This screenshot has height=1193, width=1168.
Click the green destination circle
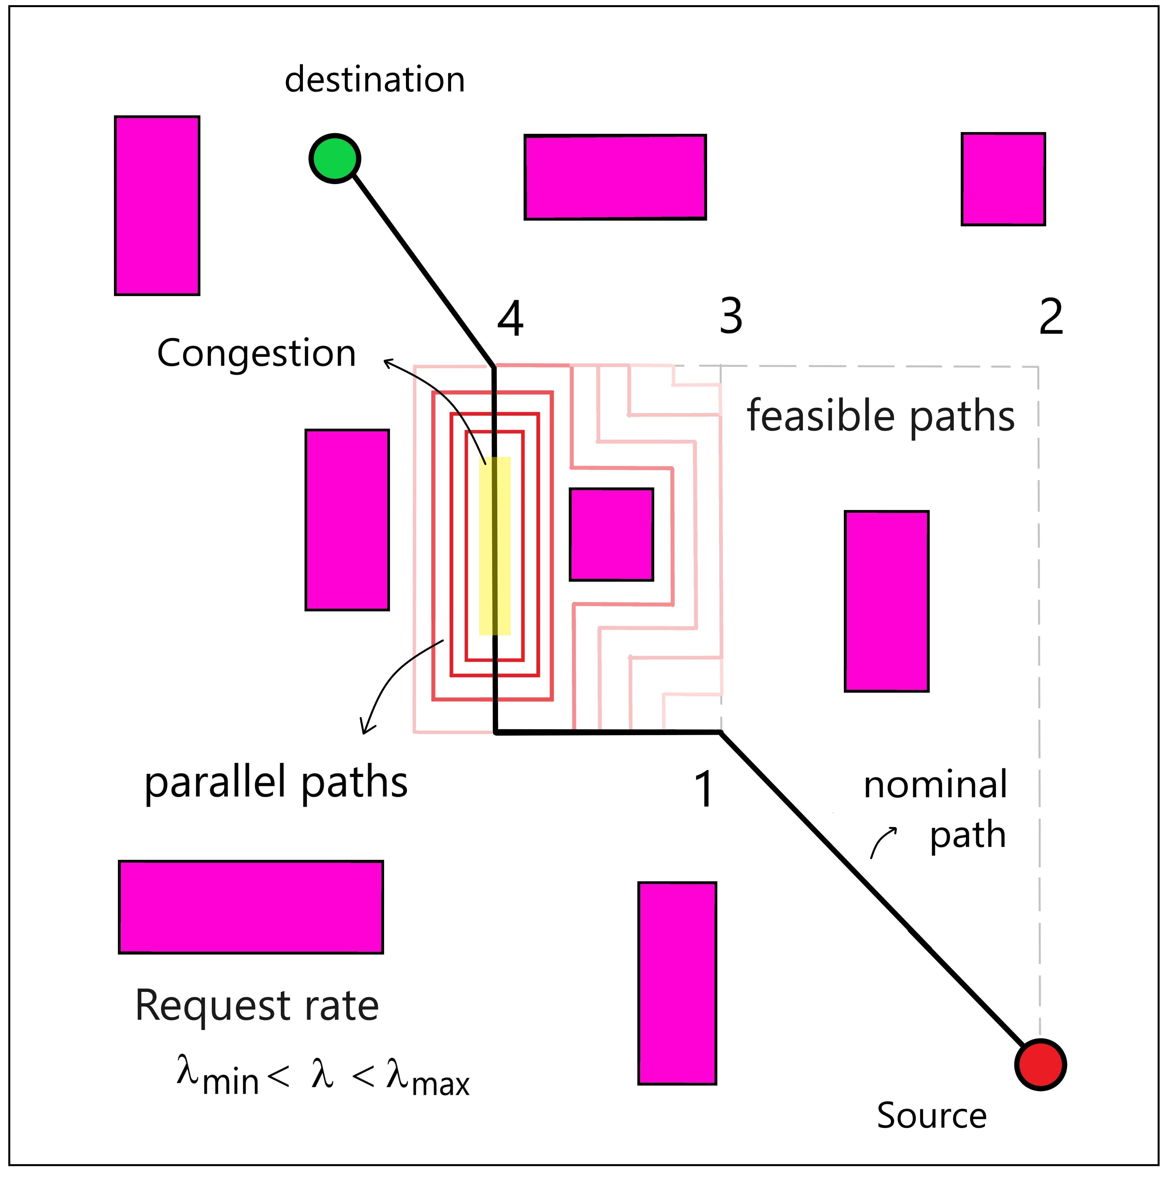pyautogui.click(x=334, y=158)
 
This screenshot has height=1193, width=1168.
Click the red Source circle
pyautogui.click(x=1040, y=1065)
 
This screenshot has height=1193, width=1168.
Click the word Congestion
pyautogui.click(x=256, y=353)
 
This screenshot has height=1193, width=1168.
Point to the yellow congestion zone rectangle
pyautogui.click(x=494, y=546)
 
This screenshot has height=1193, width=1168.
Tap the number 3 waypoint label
pyautogui.click(x=731, y=317)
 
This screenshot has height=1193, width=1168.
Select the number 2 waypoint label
pyautogui.click(x=1051, y=317)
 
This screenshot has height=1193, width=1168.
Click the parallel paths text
pyautogui.click(x=276, y=783)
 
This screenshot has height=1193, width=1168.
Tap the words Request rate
pyautogui.click(x=257, y=1006)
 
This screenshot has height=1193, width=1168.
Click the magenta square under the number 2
pyautogui.click(x=1003, y=179)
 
